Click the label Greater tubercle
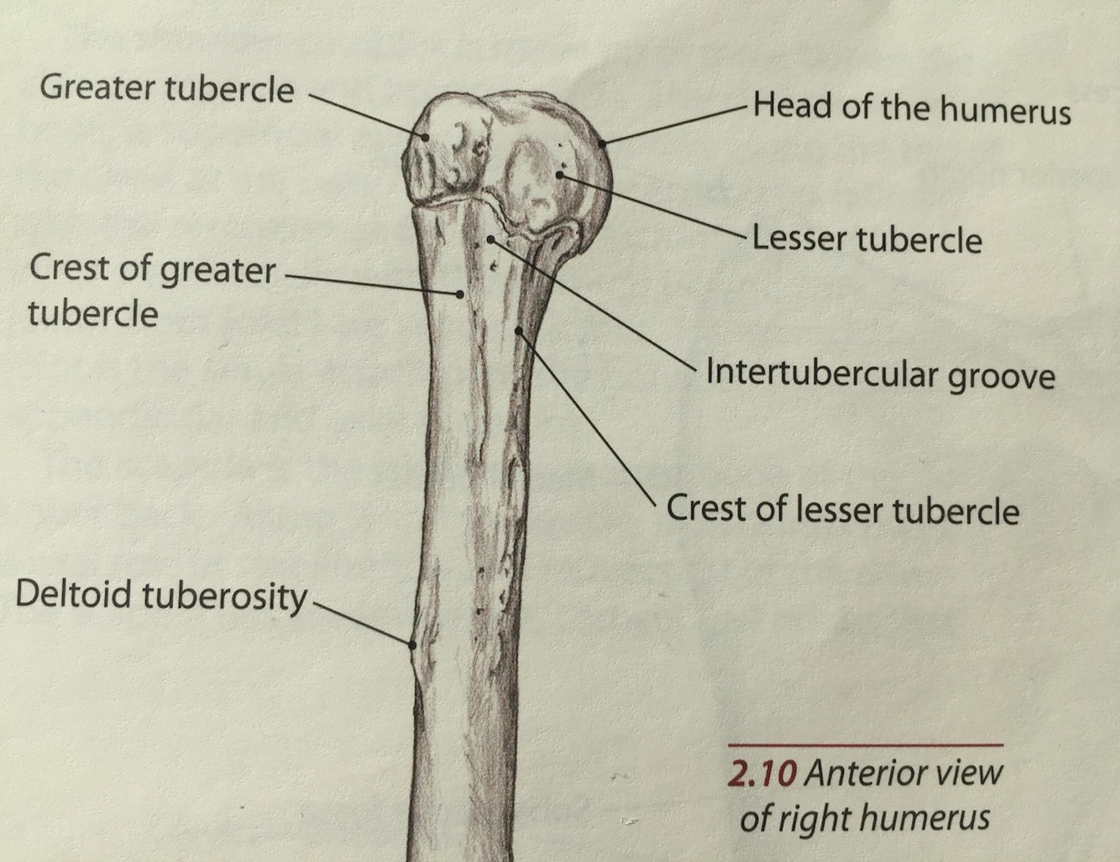pos(166,88)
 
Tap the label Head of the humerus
pos(911,109)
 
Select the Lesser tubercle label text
pos(866,240)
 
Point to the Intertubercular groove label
pos(879,374)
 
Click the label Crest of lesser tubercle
pos(842,509)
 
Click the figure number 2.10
pos(761,773)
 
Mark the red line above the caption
pos(865,744)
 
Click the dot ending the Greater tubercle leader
pos(426,137)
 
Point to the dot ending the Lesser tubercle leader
pos(560,175)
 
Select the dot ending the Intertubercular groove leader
pos(490,240)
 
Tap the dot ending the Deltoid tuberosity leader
pos(412,645)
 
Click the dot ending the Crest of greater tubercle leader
pos(459,294)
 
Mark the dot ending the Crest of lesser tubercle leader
pos(519,331)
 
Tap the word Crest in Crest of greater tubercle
pos(67,269)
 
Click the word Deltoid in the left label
pos(74,594)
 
